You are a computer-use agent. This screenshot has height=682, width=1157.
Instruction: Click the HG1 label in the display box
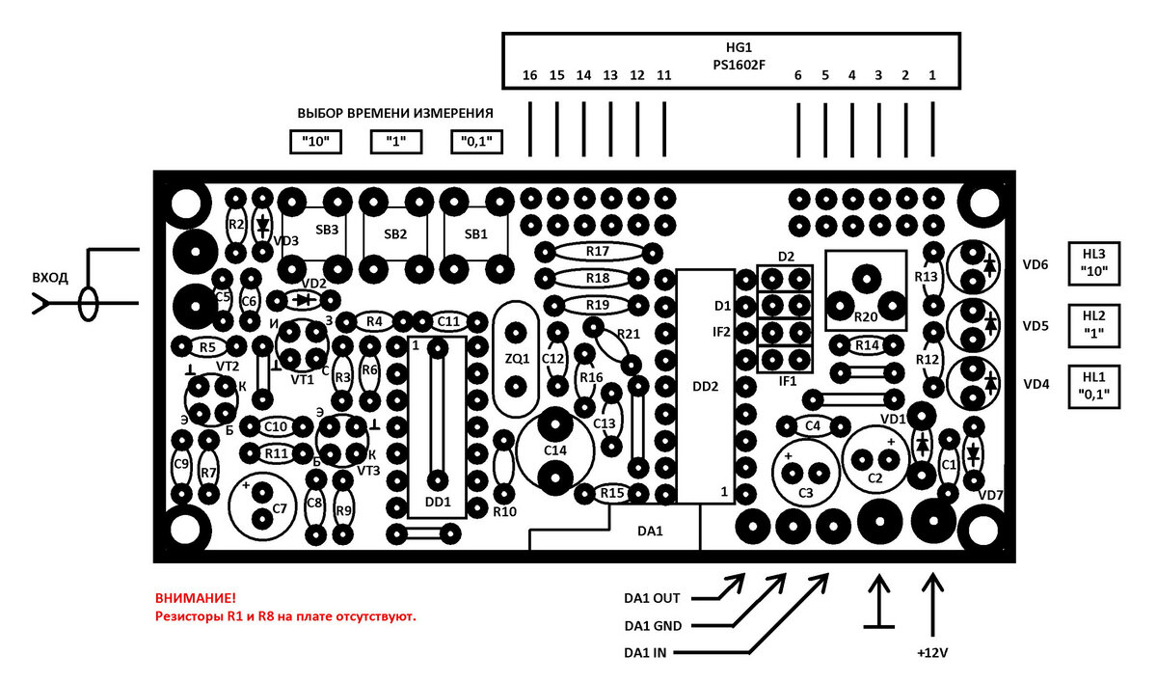(x=739, y=47)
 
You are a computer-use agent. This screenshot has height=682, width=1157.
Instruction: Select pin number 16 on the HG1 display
(x=529, y=75)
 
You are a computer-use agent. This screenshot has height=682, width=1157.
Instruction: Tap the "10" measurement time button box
(x=315, y=142)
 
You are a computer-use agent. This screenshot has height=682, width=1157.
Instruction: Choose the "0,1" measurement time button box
(x=476, y=142)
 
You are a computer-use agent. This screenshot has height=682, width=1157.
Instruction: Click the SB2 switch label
(x=395, y=234)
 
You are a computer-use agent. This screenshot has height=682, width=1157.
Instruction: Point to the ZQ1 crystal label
(x=517, y=358)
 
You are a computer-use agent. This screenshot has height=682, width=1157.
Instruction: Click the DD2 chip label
(x=705, y=387)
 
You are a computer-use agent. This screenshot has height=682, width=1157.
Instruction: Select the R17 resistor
(x=598, y=252)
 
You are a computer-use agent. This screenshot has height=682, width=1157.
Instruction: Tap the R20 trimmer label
(x=866, y=316)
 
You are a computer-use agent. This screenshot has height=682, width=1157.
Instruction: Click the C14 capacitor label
(x=555, y=450)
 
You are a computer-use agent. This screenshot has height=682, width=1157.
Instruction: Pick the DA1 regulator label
(x=650, y=532)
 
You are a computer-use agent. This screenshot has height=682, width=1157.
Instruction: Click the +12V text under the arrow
(x=932, y=653)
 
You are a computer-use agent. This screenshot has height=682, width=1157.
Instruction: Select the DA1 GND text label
(x=653, y=626)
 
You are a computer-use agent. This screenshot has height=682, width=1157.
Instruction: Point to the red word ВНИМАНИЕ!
(x=195, y=598)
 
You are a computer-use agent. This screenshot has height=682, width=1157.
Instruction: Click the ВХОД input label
(x=50, y=278)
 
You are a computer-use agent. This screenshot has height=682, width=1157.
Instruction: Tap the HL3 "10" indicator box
(x=1094, y=263)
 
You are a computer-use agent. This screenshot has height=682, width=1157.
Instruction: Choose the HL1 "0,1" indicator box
(x=1094, y=387)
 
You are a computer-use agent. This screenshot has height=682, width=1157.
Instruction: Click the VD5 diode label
(x=1036, y=326)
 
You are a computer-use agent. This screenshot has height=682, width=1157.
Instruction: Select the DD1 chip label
(x=438, y=502)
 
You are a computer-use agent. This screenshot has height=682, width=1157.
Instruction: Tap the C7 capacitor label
(x=279, y=509)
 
